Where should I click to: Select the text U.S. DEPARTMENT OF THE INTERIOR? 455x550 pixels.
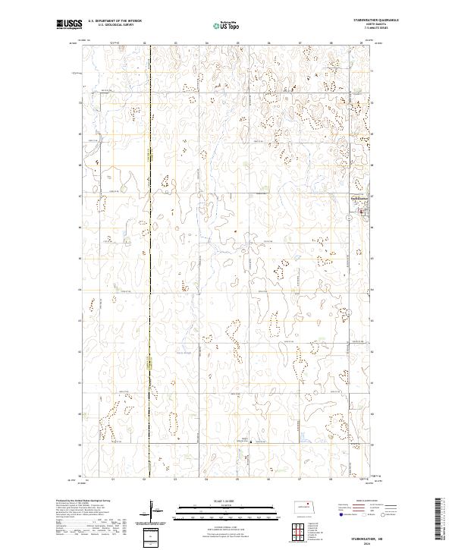tap(115, 21)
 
